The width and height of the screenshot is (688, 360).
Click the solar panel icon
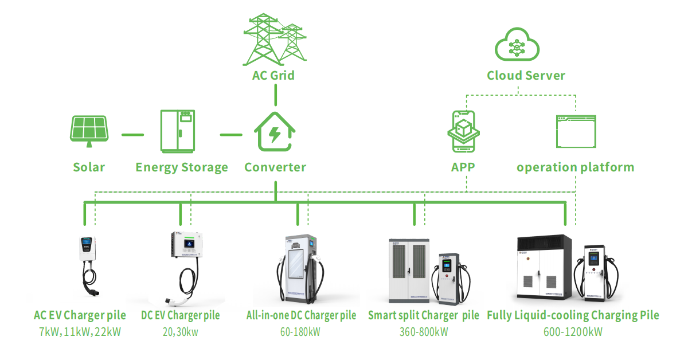tap(89, 131)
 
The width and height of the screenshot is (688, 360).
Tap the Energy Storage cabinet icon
tap(178, 131)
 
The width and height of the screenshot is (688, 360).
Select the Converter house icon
tap(275, 131)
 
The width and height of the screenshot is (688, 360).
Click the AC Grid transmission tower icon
tap(275, 40)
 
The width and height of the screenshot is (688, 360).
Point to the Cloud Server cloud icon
tap(517, 44)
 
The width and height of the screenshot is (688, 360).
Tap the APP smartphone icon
tap(463, 131)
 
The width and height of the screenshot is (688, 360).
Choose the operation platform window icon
tap(576, 131)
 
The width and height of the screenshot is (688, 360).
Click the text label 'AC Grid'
tap(273, 76)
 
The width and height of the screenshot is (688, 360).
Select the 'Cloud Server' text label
tap(526, 76)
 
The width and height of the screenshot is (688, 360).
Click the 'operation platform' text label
tap(575, 168)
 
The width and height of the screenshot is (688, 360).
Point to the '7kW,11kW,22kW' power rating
tap(80, 332)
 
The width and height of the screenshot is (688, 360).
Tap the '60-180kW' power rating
tap(300, 332)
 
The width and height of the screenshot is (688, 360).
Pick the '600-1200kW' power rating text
tap(573, 332)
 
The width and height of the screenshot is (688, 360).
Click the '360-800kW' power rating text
tap(424, 332)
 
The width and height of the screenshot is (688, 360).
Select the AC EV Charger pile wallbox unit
tap(88, 248)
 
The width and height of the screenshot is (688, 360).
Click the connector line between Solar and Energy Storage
tap(132, 135)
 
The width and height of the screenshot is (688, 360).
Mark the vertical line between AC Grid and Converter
tap(276, 95)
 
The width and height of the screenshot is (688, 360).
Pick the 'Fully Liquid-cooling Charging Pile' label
tap(573, 315)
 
